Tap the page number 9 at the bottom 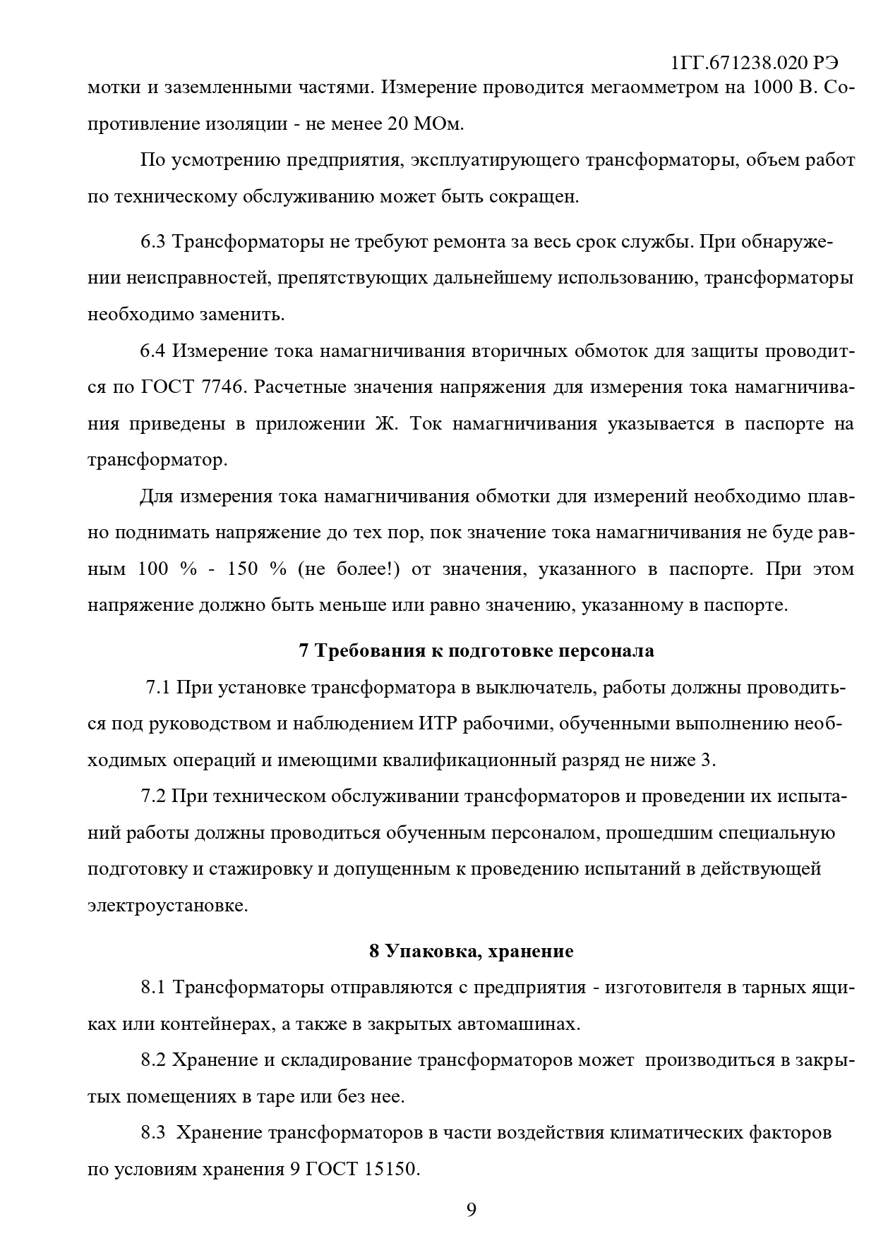[472, 1210]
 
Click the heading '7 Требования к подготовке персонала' [476, 650]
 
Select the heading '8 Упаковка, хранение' [471, 951]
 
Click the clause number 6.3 [152, 241]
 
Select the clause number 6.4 [152, 351]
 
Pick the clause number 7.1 [158, 687]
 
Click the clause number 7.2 [153, 796]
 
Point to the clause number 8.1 [152, 987]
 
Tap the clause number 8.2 [152, 1060]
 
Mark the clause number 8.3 [152, 1133]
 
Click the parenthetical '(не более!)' [349, 569]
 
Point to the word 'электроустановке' [167, 905]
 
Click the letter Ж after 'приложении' [376, 424]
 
